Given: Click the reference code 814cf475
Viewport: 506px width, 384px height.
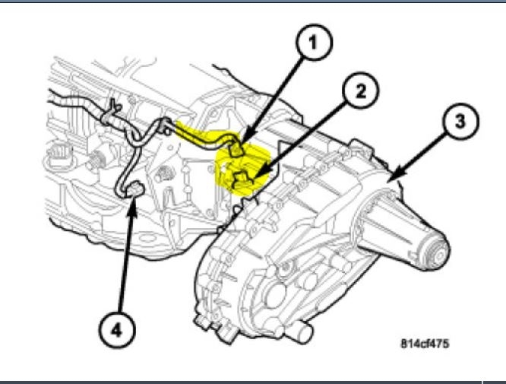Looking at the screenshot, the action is (425, 344).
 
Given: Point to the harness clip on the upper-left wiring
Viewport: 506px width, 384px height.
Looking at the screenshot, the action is (112, 113).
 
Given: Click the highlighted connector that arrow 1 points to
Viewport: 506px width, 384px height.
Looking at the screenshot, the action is (237, 152).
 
